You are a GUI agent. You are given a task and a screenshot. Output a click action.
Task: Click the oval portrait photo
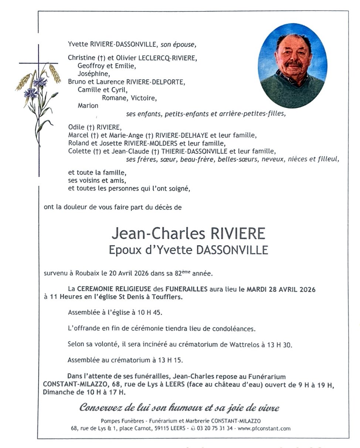coord(292,66)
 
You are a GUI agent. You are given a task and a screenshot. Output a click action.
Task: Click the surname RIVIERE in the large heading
coord(238,233)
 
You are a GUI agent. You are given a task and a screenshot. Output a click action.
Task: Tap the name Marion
coord(88,106)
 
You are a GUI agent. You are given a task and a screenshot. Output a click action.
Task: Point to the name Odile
coord(76,127)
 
